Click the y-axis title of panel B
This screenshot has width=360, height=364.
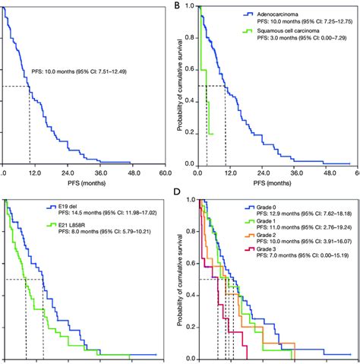coord(180,84)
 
